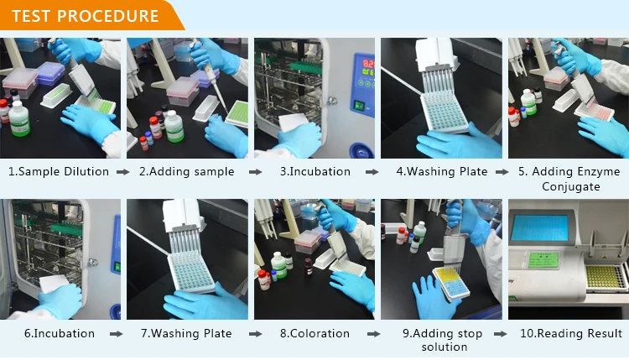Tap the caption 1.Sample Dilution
pyautogui.click(x=59, y=172)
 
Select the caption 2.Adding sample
pyautogui.click(x=186, y=172)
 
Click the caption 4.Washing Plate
pyautogui.click(x=442, y=172)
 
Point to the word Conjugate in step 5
pyautogui.click(x=571, y=186)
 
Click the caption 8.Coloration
pyautogui.click(x=314, y=333)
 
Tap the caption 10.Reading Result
pyautogui.click(x=571, y=333)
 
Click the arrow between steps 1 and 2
pyautogui.click(x=123, y=172)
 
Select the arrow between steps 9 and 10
pyautogui.click(x=501, y=334)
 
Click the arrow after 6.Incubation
pyautogui.click(x=117, y=334)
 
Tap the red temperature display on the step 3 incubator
pyautogui.click(x=368, y=64)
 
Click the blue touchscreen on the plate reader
pyautogui.click(x=540, y=227)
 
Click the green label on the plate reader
pyautogui.click(x=544, y=260)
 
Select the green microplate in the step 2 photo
pyautogui.click(x=237, y=113)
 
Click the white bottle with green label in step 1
pyautogui.click(x=18, y=119)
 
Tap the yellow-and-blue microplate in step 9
pyautogui.click(x=452, y=283)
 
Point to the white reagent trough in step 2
pyautogui.click(x=205, y=108)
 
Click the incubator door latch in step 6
pyautogui.click(x=92, y=263)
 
